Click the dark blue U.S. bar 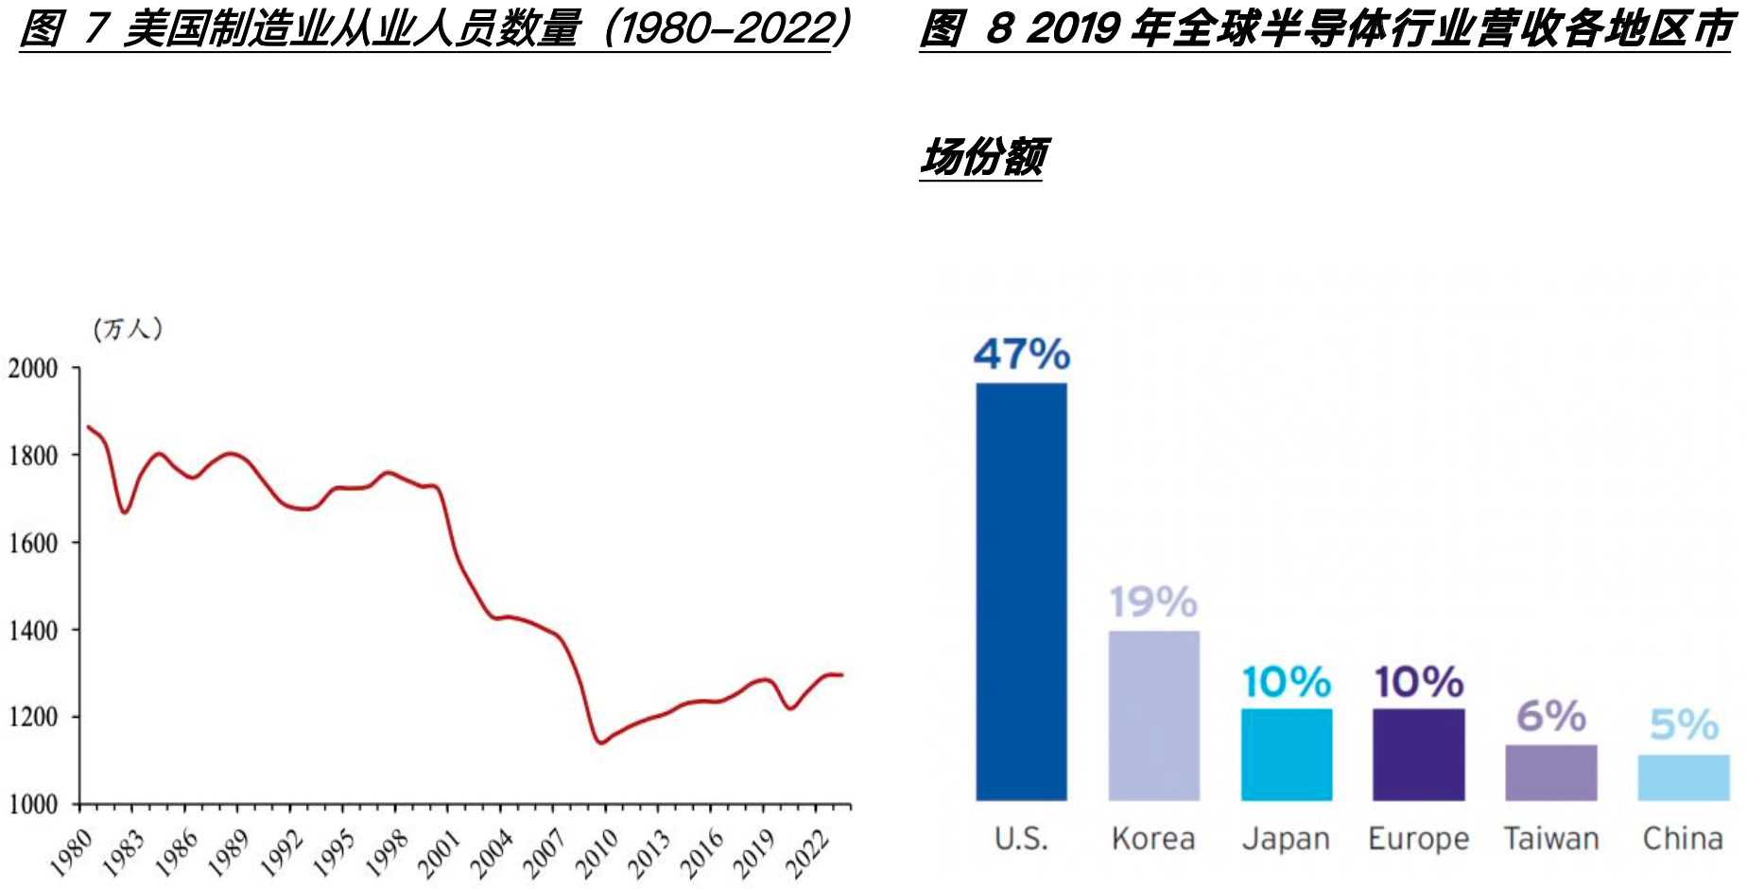click(x=1021, y=591)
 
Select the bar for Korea click(x=1153, y=715)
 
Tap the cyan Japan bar click(x=1286, y=754)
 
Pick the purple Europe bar click(x=1418, y=754)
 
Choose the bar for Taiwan click(x=1550, y=772)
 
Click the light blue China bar click(x=1683, y=776)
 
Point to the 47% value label click(x=1021, y=355)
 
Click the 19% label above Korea click(x=1153, y=602)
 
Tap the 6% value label click(x=1550, y=716)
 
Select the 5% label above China click(x=1684, y=725)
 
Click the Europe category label click(x=1418, y=839)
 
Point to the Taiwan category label click(x=1550, y=839)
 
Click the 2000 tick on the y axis click(x=34, y=368)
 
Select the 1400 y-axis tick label click(x=34, y=630)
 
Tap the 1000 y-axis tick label click(x=34, y=804)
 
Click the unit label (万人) click(x=128, y=329)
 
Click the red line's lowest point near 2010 click(x=600, y=742)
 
